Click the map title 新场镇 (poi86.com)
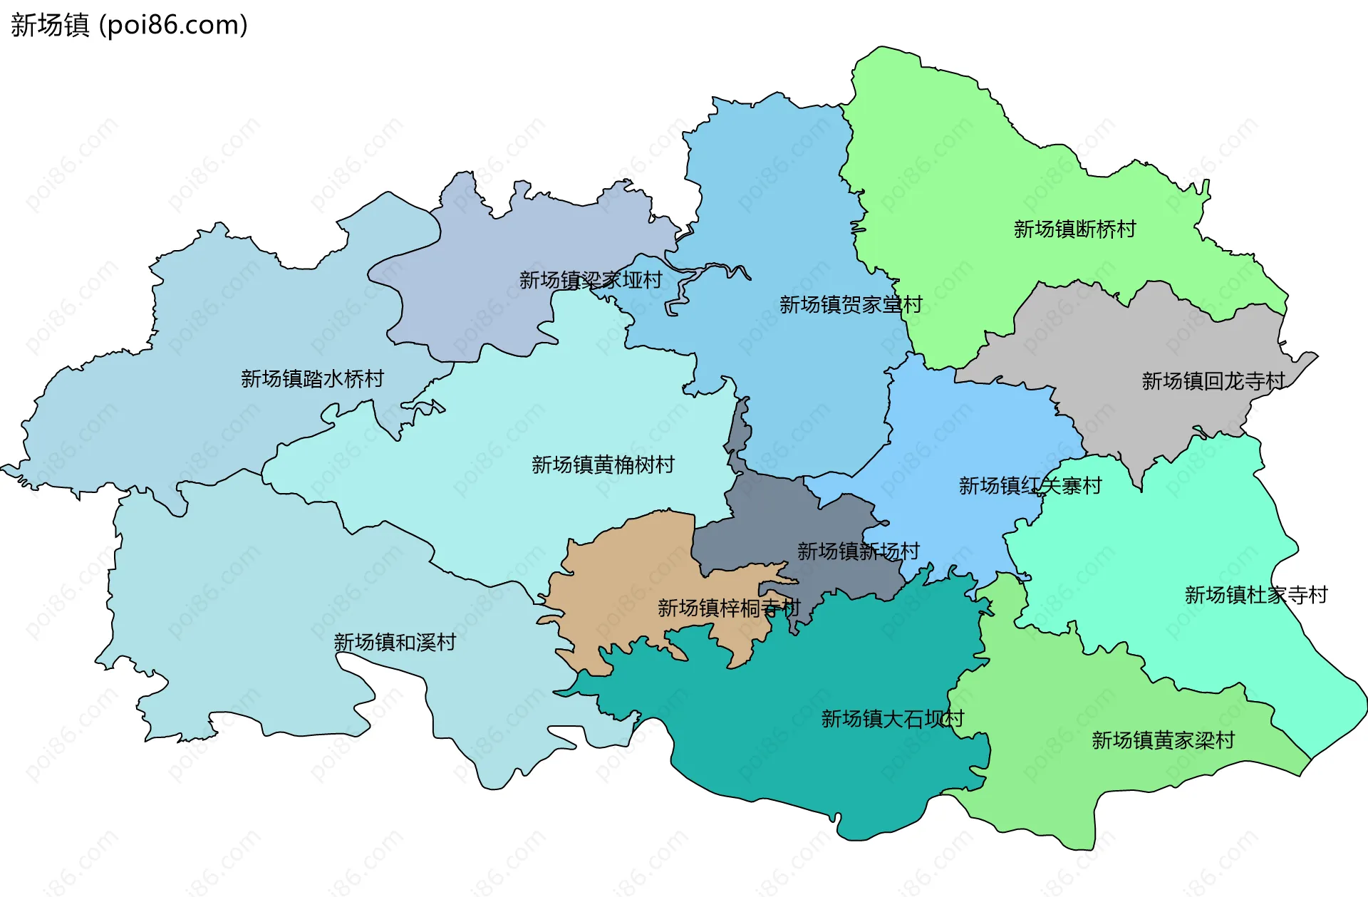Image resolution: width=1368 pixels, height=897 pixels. tap(129, 25)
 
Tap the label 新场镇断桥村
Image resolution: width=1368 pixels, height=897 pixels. tap(1074, 229)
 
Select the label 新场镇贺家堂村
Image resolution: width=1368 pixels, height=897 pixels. tap(851, 305)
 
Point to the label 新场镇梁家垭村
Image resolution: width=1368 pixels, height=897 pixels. tap(591, 280)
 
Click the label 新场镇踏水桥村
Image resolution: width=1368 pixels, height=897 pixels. tap(312, 378)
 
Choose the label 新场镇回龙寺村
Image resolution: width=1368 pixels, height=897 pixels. tap(1213, 381)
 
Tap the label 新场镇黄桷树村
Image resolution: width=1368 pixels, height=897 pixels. tap(603, 465)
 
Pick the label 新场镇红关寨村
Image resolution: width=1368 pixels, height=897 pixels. tap(1030, 486)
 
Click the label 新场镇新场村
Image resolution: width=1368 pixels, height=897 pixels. tap(858, 551)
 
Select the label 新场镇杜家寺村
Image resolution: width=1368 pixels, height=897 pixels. tap(1256, 595)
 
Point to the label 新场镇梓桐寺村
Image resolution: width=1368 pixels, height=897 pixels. tap(729, 608)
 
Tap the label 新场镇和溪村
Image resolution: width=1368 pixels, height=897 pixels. tap(395, 642)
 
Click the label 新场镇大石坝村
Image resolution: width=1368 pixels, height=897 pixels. tap(892, 718)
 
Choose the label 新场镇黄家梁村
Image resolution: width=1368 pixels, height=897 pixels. tap(1163, 740)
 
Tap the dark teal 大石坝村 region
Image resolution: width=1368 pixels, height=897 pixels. tap(819, 769)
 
